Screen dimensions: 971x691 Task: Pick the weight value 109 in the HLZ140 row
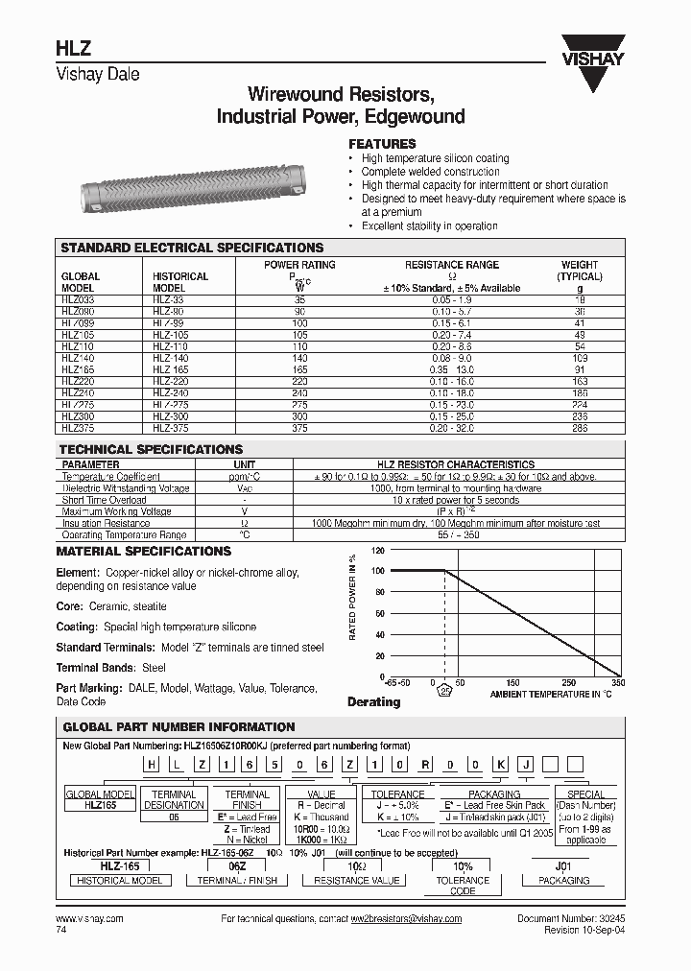(x=579, y=357)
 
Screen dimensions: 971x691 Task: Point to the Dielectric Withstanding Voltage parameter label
(x=126, y=488)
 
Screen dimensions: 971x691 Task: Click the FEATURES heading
(x=381, y=144)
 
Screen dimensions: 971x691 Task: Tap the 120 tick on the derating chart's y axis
(x=377, y=551)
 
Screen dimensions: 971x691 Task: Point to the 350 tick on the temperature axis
(x=617, y=683)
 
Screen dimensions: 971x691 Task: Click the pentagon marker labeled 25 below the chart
(x=443, y=688)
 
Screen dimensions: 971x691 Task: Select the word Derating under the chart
(x=373, y=702)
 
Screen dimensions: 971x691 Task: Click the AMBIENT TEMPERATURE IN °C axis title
(x=550, y=694)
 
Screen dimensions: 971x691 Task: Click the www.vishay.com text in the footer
(x=89, y=919)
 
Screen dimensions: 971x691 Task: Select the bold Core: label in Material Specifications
(x=70, y=606)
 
